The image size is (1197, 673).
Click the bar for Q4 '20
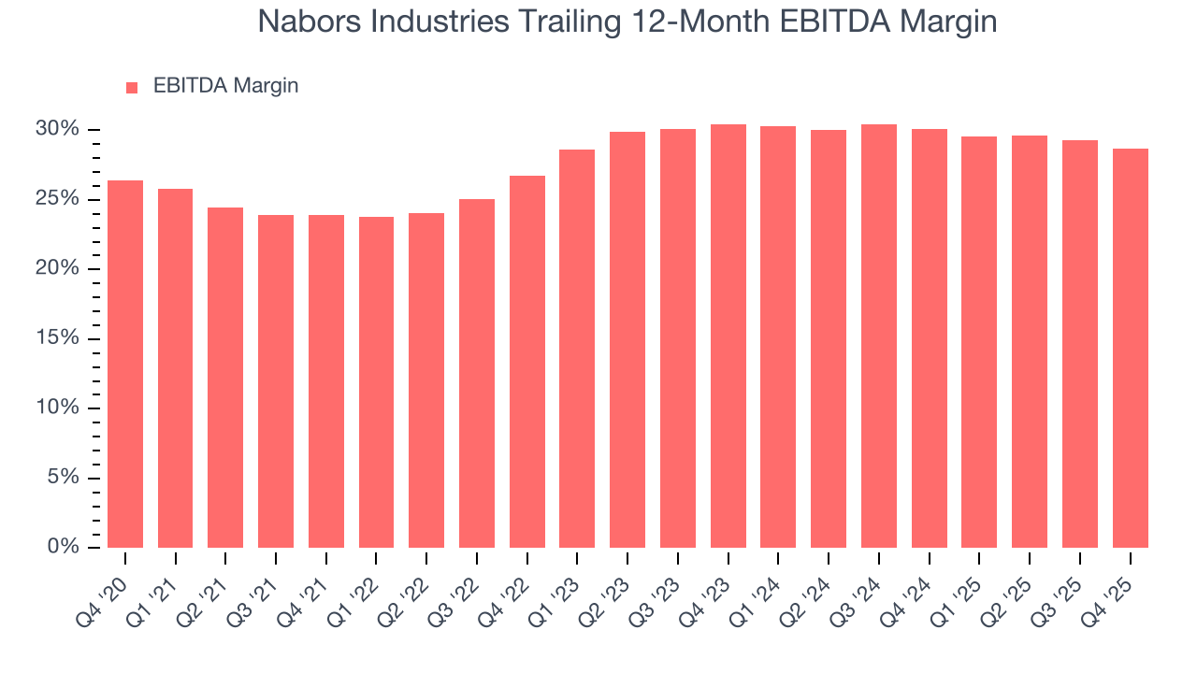pos(125,364)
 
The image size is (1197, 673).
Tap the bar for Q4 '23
pos(728,336)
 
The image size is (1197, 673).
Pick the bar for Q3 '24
pos(878,336)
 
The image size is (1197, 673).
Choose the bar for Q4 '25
pos(1130,348)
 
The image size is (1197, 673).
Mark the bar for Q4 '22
pos(526,361)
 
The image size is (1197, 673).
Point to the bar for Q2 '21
pos(225,377)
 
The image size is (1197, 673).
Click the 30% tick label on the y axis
pos(58,129)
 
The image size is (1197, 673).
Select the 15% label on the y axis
pos(58,338)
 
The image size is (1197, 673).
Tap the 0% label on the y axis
pos(63,547)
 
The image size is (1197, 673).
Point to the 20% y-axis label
pos(58,268)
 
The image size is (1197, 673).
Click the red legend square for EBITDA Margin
pos(132,87)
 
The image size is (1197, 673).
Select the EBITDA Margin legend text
pos(225,86)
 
